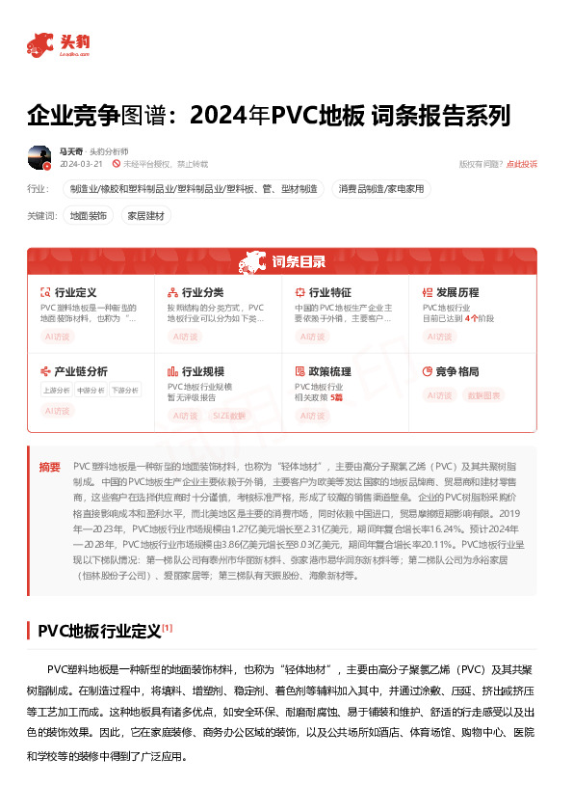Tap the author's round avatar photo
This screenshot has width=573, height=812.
pyautogui.click(x=39, y=156)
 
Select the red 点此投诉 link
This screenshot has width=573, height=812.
pyautogui.click(x=522, y=164)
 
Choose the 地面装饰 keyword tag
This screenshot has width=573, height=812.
pyautogui.click(x=89, y=216)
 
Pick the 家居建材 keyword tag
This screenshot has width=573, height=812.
pyautogui.click(x=147, y=216)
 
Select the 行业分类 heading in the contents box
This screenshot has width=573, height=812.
pyautogui.click(x=202, y=292)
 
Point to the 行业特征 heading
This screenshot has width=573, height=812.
pyautogui.click(x=329, y=292)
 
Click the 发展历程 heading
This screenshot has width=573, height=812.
pyautogui.click(x=456, y=292)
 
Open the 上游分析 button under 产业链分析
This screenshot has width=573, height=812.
pyautogui.click(x=56, y=391)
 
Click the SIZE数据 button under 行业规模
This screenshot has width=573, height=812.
pyautogui.click(x=228, y=415)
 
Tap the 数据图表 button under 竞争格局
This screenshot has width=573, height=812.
pyautogui.click(x=484, y=395)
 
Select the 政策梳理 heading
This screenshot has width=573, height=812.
pyautogui.click(x=329, y=371)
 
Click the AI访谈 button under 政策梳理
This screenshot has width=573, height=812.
pyautogui.click(x=312, y=415)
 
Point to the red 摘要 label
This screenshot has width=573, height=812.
pyautogui.click(x=49, y=467)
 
